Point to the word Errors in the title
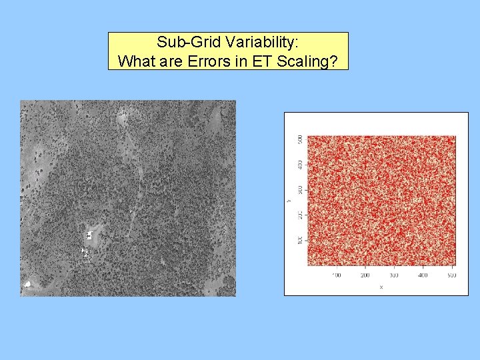click(209, 61)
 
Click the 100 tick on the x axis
click(335, 275)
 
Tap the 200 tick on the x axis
click(365, 275)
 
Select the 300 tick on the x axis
click(394, 275)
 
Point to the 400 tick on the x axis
click(423, 275)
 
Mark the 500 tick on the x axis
click(451, 275)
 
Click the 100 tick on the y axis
click(299, 239)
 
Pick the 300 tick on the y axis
click(299, 189)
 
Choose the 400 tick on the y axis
click(299, 164)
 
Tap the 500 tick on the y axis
click(299, 139)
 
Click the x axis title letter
click(381, 287)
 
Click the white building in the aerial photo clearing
click(89, 235)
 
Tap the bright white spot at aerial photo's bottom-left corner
click(27, 285)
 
